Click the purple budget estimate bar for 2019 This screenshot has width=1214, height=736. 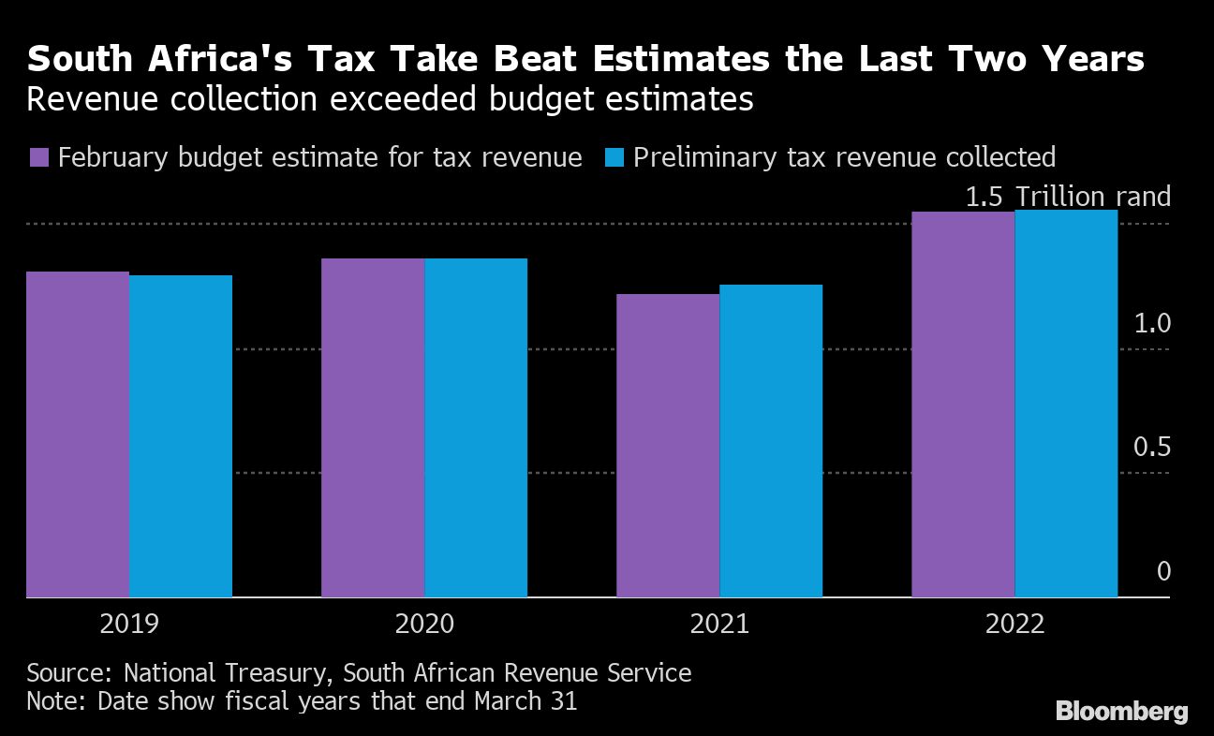78,434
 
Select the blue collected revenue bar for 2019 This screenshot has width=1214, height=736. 181,436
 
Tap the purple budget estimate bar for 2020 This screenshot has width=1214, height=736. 373,428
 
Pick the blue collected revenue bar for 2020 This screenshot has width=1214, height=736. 476,428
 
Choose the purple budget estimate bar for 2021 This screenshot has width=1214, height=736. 668,446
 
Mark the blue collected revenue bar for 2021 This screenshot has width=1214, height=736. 771,441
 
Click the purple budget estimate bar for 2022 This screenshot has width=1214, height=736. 963,405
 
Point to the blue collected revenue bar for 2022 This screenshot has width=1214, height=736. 1066,404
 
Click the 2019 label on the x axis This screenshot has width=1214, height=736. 130,625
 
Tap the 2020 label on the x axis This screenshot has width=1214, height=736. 425,625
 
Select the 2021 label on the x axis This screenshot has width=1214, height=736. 719,625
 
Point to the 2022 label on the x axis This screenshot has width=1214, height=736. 1014,625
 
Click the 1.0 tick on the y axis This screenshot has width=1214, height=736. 1152,324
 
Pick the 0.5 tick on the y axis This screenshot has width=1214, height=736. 1152,448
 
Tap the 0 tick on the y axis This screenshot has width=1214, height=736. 1163,571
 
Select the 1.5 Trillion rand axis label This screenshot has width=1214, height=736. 1068,197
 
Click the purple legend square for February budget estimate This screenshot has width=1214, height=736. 38,156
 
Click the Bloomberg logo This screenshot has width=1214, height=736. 1122,712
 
